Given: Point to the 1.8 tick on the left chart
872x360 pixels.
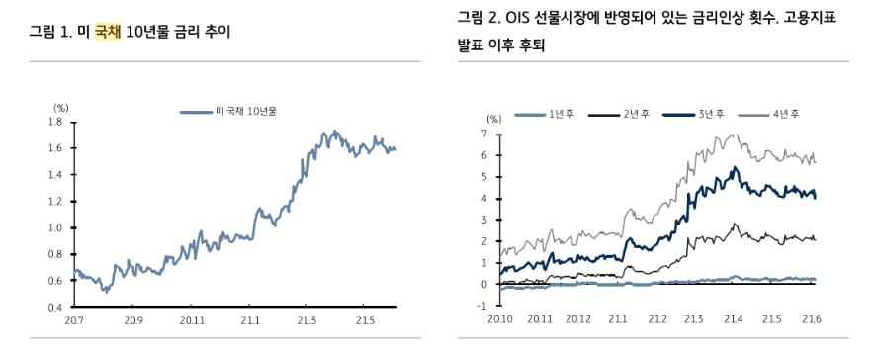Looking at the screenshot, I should (55, 122).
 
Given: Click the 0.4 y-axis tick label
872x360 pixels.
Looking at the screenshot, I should (55, 307).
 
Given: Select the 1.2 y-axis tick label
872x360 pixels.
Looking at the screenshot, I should (55, 201).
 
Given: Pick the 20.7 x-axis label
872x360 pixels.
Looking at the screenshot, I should (73, 320).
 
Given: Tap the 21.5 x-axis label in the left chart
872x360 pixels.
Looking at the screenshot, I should (365, 320).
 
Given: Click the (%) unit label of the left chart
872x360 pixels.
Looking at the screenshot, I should (59, 106).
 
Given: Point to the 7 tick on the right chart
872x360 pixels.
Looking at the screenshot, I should (484, 133).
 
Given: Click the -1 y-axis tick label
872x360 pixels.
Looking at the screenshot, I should (482, 306).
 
